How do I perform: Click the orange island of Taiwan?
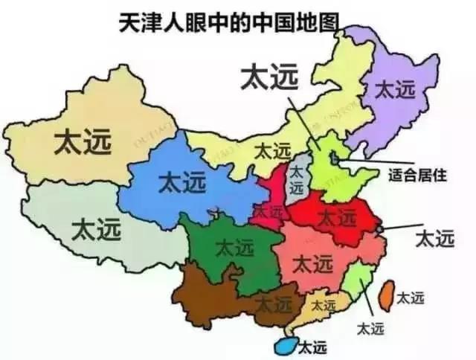(x=386, y=295)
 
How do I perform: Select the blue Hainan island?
(x=283, y=345)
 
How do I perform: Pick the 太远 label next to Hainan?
(x=312, y=346)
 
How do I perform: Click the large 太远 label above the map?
(x=269, y=77)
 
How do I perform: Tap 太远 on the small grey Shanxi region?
(x=297, y=179)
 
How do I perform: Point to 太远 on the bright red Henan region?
(x=336, y=218)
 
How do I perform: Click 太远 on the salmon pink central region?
(x=312, y=263)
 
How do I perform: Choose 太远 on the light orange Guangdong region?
(x=323, y=304)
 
